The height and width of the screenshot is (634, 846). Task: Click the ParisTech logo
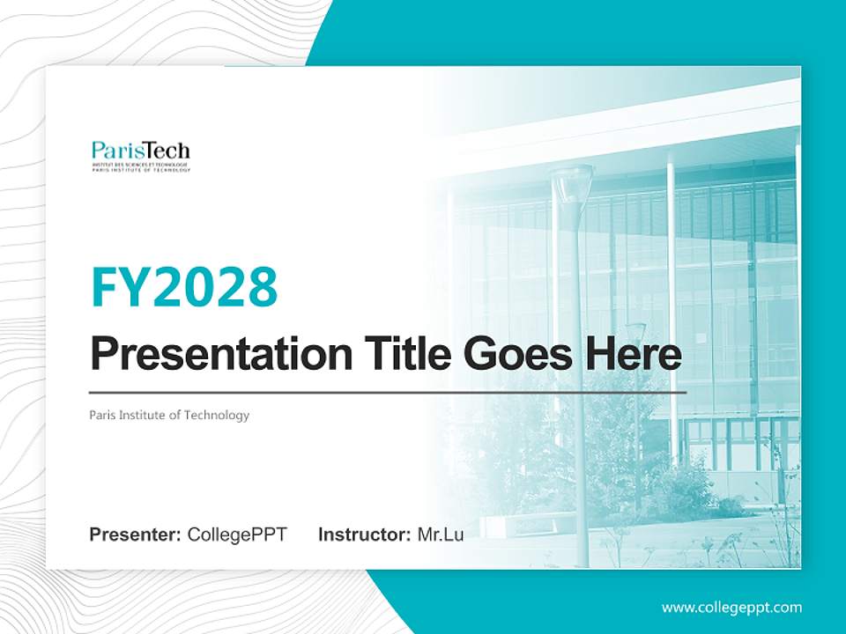click(140, 155)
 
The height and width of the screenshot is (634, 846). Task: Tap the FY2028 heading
click(183, 286)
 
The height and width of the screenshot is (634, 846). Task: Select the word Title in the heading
click(398, 354)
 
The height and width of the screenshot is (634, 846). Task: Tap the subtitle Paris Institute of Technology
click(169, 415)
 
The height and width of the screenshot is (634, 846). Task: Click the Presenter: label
click(136, 534)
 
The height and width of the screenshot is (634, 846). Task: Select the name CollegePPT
click(237, 534)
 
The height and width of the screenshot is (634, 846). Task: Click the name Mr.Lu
click(441, 534)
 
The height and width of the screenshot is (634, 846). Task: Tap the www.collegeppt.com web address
click(731, 607)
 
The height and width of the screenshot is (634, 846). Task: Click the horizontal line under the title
click(388, 392)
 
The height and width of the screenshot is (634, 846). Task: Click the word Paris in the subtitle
click(102, 415)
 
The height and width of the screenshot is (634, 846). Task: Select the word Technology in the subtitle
click(217, 415)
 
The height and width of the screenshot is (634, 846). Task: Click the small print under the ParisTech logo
click(140, 167)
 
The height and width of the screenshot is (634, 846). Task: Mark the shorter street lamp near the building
click(635, 333)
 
